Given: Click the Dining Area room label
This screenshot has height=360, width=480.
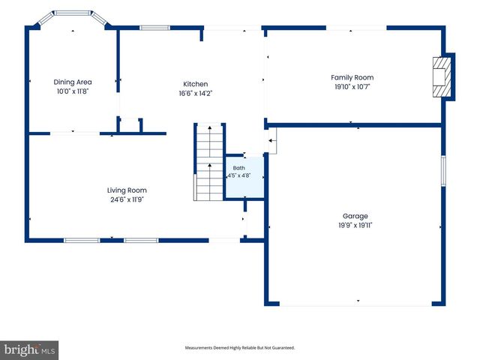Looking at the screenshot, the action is click(x=73, y=82).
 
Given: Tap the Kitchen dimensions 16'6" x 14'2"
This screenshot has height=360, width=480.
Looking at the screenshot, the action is click(x=196, y=93).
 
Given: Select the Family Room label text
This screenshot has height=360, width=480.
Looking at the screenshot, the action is click(x=352, y=77).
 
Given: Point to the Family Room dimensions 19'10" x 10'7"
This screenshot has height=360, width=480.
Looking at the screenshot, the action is click(x=352, y=87).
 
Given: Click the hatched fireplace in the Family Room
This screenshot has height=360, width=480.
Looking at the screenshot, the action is click(x=442, y=76).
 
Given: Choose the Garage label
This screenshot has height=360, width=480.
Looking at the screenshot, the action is click(x=355, y=216).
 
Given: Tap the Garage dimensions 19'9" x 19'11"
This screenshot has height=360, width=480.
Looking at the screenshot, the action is click(x=355, y=225).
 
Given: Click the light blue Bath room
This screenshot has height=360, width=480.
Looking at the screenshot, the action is click(x=244, y=177).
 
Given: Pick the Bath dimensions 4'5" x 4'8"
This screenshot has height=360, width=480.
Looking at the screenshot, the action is click(x=238, y=175).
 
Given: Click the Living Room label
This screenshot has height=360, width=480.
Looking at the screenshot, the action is click(x=127, y=190).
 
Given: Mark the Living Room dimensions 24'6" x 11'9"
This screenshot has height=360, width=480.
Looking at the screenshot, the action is click(x=127, y=199).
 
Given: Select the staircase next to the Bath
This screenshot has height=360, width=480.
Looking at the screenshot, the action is click(x=209, y=162).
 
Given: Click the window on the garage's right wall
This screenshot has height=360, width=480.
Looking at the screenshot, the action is click(x=443, y=171).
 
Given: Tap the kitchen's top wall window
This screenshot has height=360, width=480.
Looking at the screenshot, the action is click(x=155, y=28).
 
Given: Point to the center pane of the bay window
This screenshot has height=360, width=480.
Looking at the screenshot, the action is click(x=73, y=13).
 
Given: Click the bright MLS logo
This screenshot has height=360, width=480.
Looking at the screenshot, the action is click(x=29, y=350).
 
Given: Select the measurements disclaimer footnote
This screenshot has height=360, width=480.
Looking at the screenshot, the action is click(x=240, y=348).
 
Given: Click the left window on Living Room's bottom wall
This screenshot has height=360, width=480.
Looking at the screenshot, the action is click(x=82, y=240).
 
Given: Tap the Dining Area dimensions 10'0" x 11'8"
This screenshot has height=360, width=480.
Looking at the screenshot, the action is click(x=73, y=91).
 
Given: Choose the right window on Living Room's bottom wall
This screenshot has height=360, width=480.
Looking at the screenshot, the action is click(x=141, y=240).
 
